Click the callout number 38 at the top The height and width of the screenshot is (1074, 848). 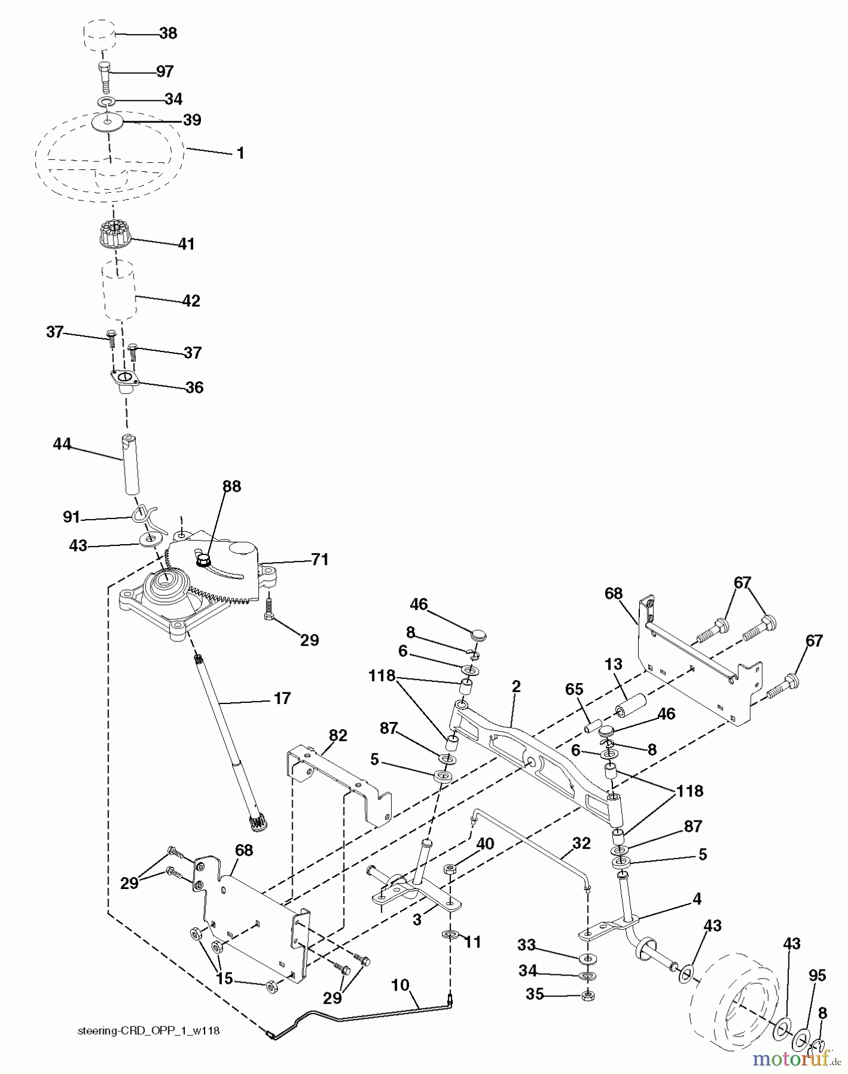click(168, 33)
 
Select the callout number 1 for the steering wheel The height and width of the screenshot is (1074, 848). click(240, 153)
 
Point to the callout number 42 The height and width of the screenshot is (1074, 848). click(191, 301)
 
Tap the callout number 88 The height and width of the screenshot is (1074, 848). click(231, 486)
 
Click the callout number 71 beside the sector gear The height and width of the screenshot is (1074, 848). click(319, 560)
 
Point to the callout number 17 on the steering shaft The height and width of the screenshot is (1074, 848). click(281, 698)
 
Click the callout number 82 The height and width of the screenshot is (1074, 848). click(338, 735)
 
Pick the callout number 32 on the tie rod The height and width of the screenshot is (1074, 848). click(581, 843)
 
